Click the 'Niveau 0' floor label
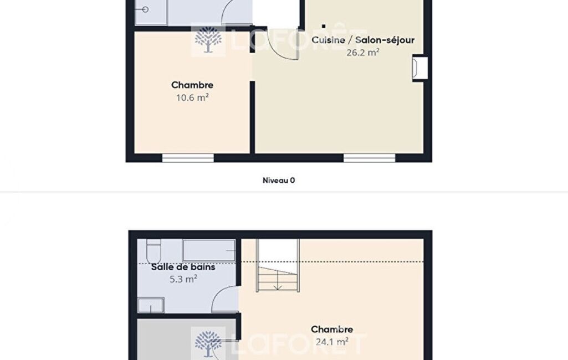279,181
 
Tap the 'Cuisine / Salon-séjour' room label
362,40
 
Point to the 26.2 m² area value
362,53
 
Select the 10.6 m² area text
192,97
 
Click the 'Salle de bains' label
183,267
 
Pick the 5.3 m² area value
183,279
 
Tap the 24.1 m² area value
332,342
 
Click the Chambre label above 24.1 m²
332,329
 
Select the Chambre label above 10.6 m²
192,85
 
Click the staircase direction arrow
278,281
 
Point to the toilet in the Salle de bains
153,248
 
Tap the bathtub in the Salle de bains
209,250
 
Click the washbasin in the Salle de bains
151,305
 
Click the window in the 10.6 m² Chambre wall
188,158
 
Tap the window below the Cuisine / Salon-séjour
369,158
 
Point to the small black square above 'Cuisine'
324,26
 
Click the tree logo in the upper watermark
208,40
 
